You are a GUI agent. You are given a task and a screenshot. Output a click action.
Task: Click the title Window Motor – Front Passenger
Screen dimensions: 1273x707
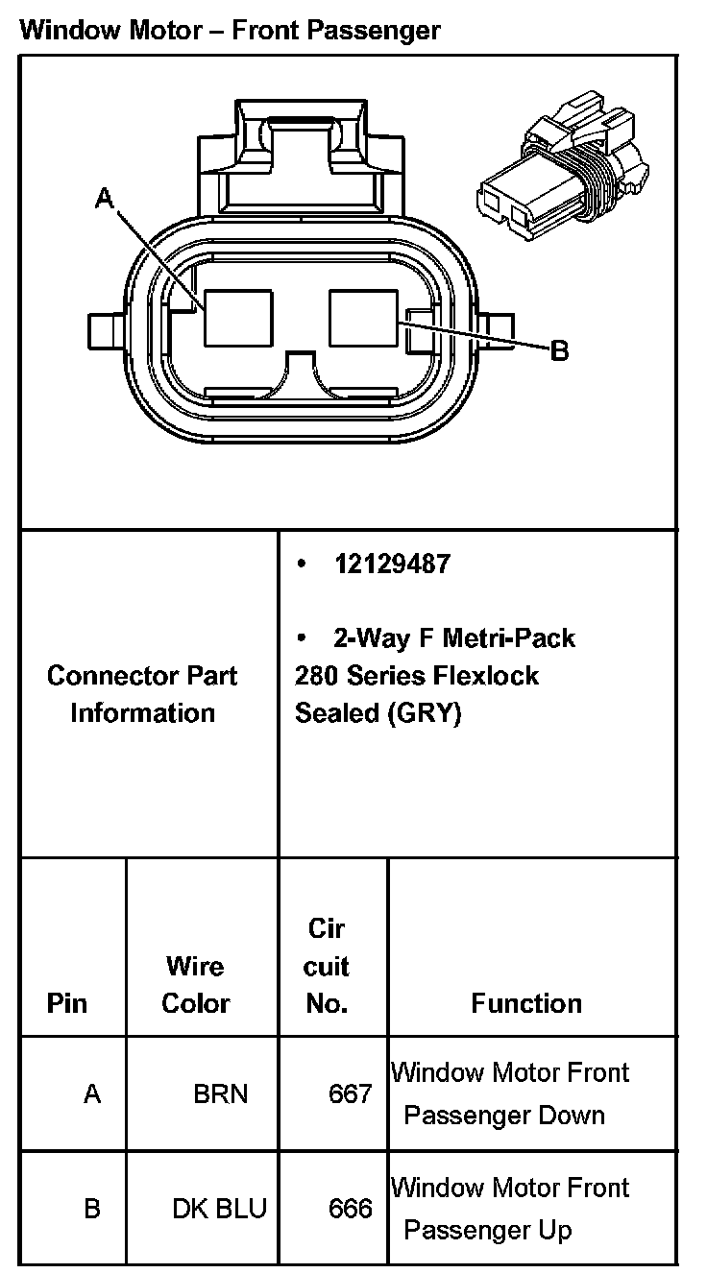(x=230, y=30)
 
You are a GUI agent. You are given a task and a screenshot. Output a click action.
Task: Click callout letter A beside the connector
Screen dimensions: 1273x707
(x=105, y=199)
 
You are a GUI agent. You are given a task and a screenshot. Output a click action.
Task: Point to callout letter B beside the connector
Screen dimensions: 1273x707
(x=559, y=351)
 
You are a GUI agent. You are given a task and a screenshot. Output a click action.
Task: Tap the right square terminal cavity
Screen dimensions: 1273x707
(x=363, y=318)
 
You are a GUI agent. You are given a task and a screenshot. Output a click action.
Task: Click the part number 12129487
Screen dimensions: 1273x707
(x=391, y=564)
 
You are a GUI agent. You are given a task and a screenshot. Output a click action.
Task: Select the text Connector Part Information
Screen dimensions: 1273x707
(x=142, y=694)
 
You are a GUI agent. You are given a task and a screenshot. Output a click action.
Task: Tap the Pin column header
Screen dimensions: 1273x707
(x=66, y=1003)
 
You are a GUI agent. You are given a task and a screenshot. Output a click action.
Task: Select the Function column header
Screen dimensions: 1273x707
(x=526, y=1003)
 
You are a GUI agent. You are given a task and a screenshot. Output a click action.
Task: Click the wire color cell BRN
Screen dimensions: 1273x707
(x=220, y=1093)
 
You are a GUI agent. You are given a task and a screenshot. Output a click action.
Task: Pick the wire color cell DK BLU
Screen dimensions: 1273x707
(x=219, y=1208)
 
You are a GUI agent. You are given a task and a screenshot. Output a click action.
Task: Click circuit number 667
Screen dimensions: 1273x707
(x=350, y=1093)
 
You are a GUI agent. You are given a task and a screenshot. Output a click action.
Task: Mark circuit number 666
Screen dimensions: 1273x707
(x=350, y=1208)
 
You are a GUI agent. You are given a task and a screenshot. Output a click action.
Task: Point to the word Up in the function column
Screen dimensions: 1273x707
(x=555, y=1230)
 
